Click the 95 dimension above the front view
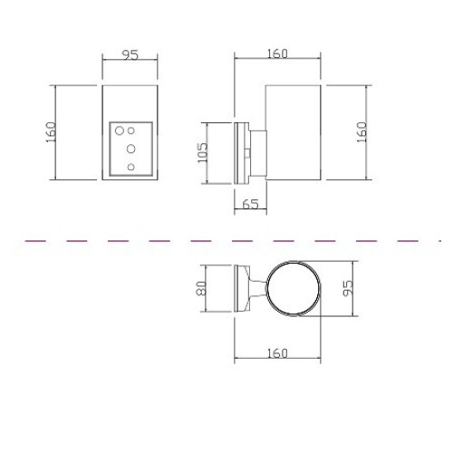[130, 55]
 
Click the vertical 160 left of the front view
[51, 132]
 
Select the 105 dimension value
[202, 152]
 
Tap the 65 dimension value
[250, 205]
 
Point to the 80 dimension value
[201, 288]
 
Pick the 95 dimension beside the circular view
[348, 288]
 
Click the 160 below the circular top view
[277, 353]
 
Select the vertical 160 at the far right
[361, 132]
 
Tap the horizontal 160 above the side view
[277, 53]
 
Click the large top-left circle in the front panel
[120, 130]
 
